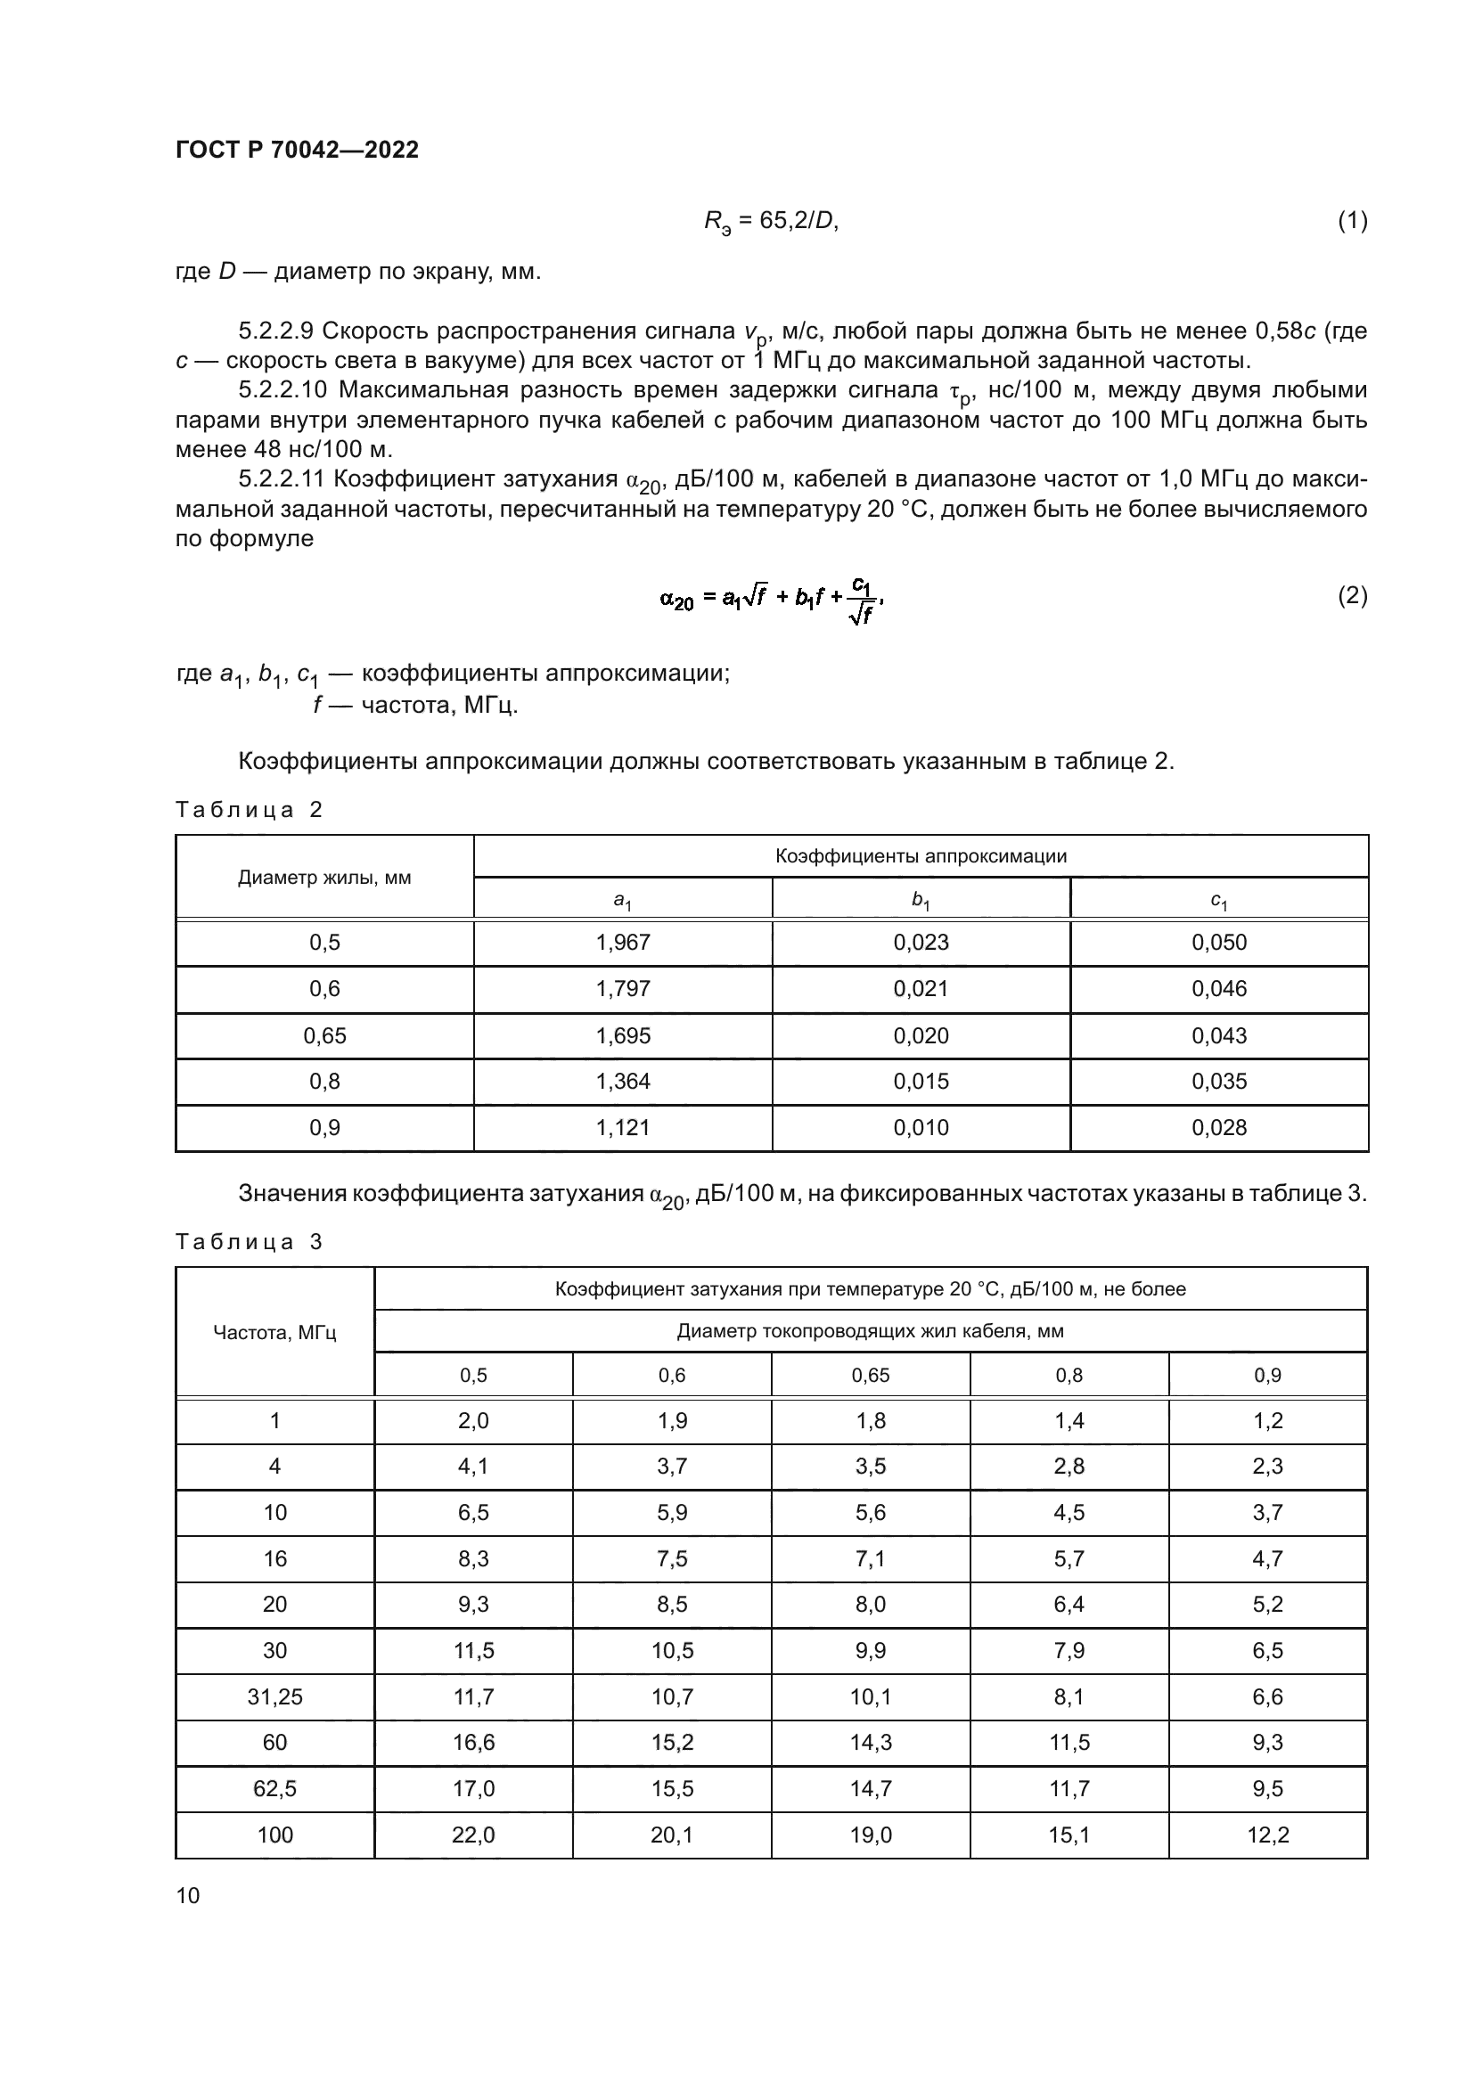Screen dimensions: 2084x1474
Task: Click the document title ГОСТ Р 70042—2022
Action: coord(297,150)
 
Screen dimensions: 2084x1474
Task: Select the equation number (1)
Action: coord(1352,221)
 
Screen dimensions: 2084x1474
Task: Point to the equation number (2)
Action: coord(1352,595)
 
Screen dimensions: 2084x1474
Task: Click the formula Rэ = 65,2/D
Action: coord(771,222)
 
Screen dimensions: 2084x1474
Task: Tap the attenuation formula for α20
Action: coord(771,599)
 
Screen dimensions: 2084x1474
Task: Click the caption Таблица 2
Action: coord(249,810)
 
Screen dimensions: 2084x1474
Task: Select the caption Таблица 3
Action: coord(249,1242)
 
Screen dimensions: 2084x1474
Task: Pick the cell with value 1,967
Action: coord(623,942)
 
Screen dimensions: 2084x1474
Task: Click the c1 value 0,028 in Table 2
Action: coord(1219,1127)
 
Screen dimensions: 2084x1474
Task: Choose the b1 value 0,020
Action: coord(921,1035)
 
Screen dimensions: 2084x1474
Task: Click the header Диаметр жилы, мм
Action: coord(324,878)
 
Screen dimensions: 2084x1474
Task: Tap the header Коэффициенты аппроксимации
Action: coord(921,856)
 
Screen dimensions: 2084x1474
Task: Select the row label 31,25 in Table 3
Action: coord(274,1696)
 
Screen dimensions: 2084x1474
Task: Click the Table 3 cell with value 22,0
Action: coord(473,1835)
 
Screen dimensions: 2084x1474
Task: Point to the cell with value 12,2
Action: coord(1268,1835)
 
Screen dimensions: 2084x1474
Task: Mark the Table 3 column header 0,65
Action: coord(870,1375)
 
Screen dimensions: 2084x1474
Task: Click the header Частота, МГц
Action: coord(274,1332)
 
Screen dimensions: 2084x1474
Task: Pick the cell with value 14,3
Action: coord(870,1742)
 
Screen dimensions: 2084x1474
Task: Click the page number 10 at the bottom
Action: coord(188,1895)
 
